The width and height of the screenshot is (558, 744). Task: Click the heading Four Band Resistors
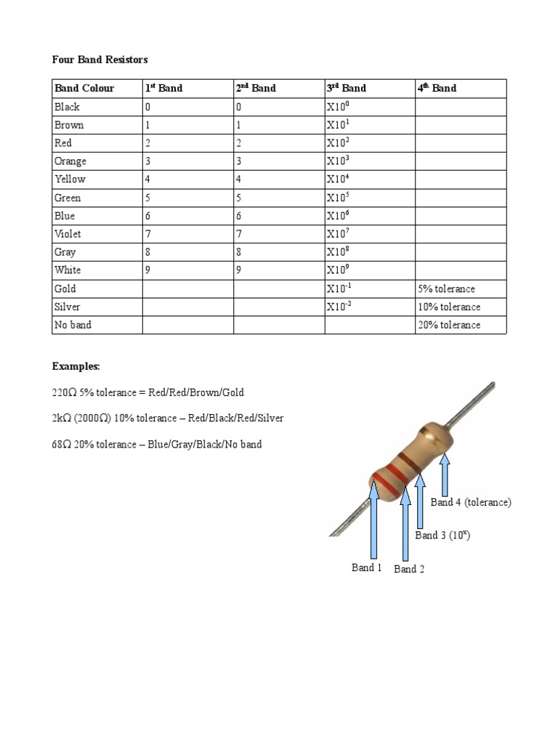coord(100,59)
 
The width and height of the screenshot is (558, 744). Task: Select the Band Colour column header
coord(84,88)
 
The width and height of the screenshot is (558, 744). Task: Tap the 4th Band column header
coord(437,88)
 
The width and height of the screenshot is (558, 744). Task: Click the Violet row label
coord(68,234)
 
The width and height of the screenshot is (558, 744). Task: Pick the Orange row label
coord(70,161)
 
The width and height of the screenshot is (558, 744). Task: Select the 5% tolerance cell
coord(446,288)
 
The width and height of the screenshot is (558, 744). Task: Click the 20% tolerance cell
coord(449,325)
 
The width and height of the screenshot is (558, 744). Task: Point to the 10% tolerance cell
coord(449,307)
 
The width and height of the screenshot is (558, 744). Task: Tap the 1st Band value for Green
coord(148,198)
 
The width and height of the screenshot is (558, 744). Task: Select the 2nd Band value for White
coord(239,270)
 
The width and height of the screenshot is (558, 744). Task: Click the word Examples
coord(76,365)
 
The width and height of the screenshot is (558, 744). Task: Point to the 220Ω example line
coord(148,392)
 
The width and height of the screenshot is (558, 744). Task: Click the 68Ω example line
coord(157,444)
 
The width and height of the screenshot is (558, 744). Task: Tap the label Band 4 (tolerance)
coord(471,502)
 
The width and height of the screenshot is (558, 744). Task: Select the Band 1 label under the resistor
coord(367,567)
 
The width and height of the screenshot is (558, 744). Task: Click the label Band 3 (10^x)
coord(442,535)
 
